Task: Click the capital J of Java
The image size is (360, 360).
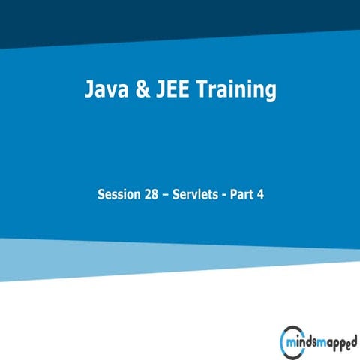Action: click(88, 91)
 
